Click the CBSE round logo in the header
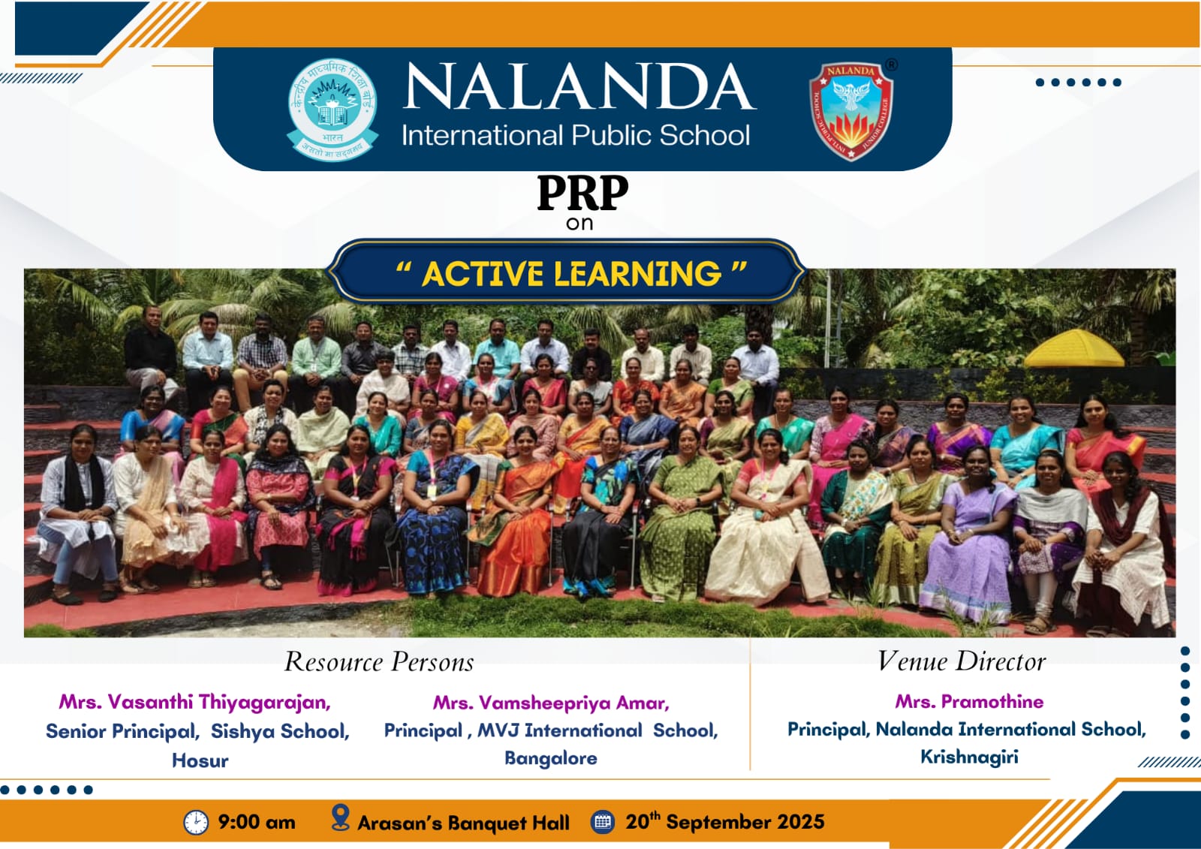(x=333, y=109)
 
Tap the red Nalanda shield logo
(x=851, y=110)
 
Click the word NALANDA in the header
(x=579, y=86)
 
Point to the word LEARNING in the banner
(x=637, y=274)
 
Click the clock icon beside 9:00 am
(x=196, y=822)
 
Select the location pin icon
(x=341, y=817)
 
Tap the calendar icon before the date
(x=603, y=822)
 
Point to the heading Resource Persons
(x=379, y=662)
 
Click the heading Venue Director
(x=962, y=661)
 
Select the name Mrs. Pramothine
(x=969, y=702)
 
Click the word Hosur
(x=200, y=760)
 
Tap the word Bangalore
(x=551, y=758)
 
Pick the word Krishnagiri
(x=969, y=757)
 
